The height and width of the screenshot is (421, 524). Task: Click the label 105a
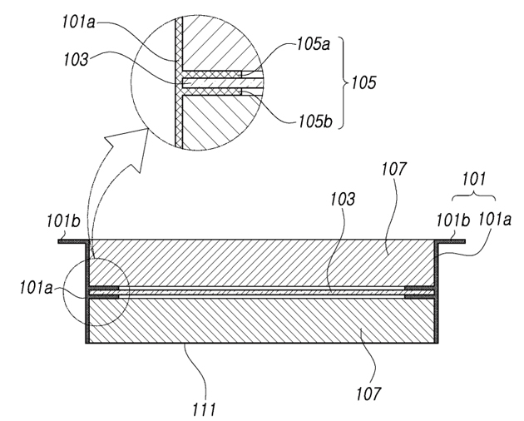click(314, 44)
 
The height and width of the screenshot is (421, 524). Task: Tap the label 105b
click(315, 121)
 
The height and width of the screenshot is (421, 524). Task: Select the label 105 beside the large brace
click(363, 82)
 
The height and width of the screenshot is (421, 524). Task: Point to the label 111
click(204, 409)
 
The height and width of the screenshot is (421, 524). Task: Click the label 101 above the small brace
click(473, 179)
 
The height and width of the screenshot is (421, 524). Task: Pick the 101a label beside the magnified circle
click(78, 22)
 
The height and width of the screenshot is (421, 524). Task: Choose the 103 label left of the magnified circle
click(77, 60)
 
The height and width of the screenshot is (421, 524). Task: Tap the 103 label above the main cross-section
click(343, 199)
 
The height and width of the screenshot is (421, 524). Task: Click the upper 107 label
click(394, 169)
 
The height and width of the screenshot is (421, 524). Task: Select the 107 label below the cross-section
click(368, 394)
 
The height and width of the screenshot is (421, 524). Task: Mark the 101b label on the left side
click(63, 221)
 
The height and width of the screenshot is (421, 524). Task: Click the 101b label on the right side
click(453, 220)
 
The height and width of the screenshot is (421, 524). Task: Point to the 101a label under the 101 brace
click(495, 220)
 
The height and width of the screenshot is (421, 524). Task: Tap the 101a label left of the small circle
click(36, 288)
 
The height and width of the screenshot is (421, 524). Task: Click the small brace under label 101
click(473, 196)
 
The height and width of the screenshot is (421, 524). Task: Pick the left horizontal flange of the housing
click(73, 241)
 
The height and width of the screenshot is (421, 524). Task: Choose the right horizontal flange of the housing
click(450, 241)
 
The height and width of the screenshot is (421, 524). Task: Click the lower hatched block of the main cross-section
click(262, 320)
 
